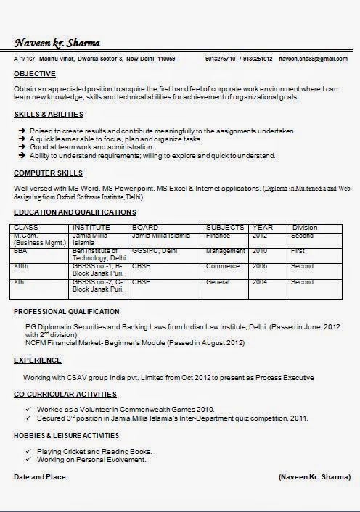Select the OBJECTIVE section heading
pos(35,74)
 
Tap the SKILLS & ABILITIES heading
pos(49,115)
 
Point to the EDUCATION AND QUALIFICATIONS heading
pos(75,212)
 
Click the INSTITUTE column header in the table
pos(91,228)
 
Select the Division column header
pos(305,228)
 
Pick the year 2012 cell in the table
pos(260,236)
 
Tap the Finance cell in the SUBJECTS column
pos(218,236)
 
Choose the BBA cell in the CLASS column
pos(20,251)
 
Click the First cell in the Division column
pos(298,251)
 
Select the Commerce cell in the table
pos(222,266)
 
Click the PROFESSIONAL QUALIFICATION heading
pos(67,311)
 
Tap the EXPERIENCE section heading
pos(38,360)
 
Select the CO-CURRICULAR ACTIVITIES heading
pos(65,394)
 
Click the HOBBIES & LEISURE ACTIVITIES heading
pos(67,435)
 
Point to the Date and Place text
pos(40,477)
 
